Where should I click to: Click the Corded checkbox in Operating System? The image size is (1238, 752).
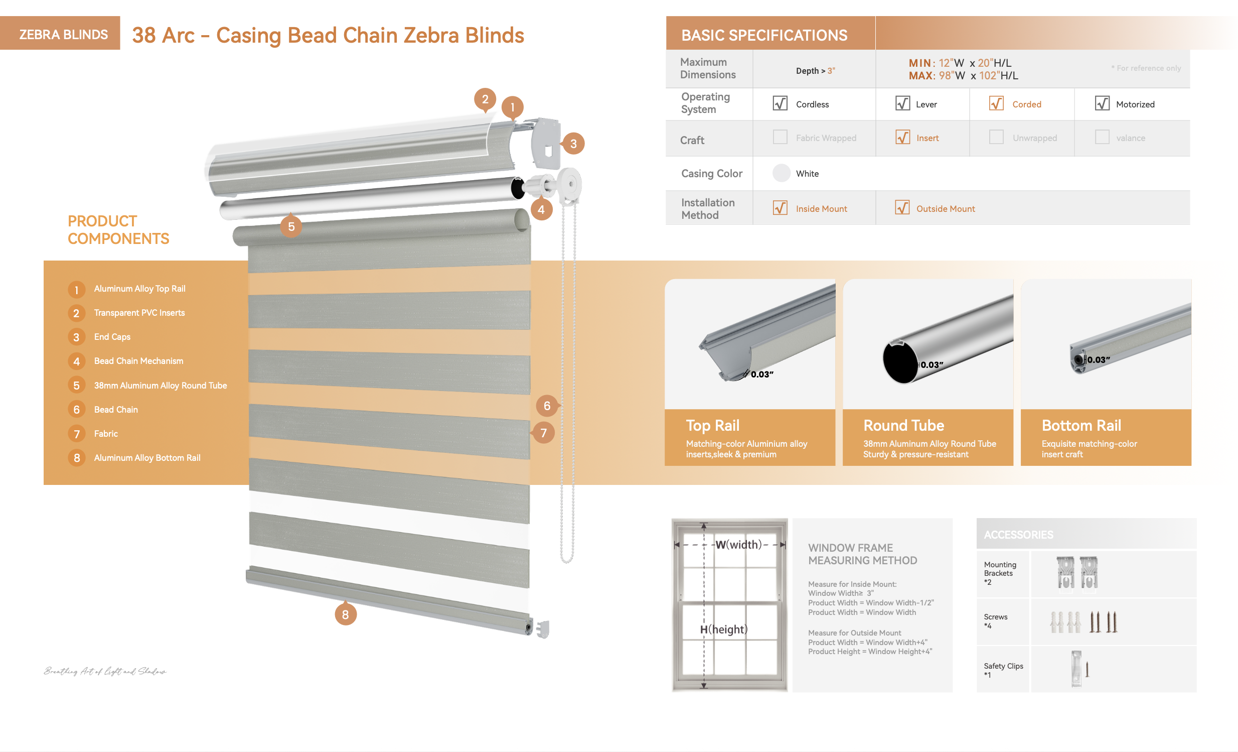(996, 103)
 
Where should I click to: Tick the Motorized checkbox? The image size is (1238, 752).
(1102, 103)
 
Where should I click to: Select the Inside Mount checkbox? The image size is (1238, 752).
(780, 208)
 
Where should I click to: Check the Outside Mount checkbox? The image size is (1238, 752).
(902, 208)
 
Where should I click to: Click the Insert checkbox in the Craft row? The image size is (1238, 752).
(902, 137)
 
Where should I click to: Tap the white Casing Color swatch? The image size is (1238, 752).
(782, 173)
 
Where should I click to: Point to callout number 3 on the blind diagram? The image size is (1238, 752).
(573, 144)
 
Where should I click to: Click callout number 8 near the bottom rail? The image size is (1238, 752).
(345, 614)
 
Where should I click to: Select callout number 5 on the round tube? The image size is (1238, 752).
(291, 227)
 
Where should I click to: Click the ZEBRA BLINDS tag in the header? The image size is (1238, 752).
(63, 34)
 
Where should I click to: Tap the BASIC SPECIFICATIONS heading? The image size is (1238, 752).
(763, 35)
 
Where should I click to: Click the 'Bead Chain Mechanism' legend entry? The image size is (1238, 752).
(138, 361)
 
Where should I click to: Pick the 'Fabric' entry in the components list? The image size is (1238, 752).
(106, 433)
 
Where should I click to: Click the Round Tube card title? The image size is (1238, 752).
(903, 425)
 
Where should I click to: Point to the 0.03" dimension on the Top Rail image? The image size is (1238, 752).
(761, 374)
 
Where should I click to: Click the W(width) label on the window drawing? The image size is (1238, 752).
(738, 544)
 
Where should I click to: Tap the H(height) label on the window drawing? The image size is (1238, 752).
(723, 630)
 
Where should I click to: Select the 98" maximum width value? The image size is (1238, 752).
(945, 75)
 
